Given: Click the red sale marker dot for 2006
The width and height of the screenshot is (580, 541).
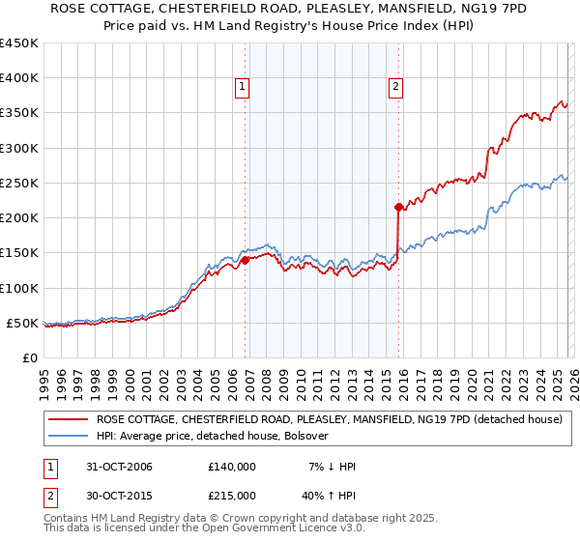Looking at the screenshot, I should pyautogui.click(x=245, y=259).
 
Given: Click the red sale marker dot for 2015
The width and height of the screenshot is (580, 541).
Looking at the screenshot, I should pyautogui.click(x=398, y=207).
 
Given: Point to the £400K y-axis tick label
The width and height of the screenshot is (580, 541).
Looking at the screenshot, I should pyautogui.click(x=19, y=78).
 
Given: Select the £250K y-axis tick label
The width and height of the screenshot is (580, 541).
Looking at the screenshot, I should pyautogui.click(x=19, y=183).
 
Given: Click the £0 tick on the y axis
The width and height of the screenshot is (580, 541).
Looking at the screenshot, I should pyautogui.click(x=29, y=357).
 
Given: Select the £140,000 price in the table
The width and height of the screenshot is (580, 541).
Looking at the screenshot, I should pyautogui.click(x=232, y=467).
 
